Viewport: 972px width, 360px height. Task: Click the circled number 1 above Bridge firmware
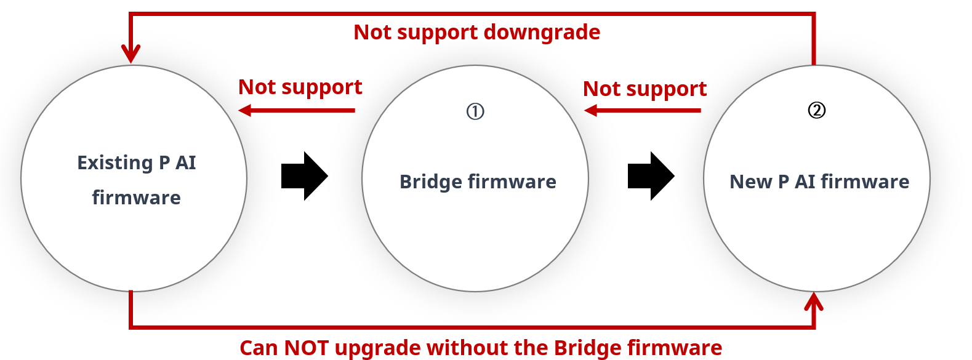[x=475, y=111]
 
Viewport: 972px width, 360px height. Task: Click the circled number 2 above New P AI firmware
[x=817, y=110]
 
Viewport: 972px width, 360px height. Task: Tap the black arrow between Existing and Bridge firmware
[x=304, y=176]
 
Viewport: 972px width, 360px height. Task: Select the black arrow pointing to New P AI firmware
[x=651, y=176]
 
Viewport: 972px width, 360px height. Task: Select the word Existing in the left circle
[x=115, y=162]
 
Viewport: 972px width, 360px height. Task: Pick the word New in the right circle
[x=750, y=182]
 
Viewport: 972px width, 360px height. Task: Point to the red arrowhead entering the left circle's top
[x=131, y=54]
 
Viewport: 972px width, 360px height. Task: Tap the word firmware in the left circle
[x=137, y=198]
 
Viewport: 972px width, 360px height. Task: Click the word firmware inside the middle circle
[x=512, y=182]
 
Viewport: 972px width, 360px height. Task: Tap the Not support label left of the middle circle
[x=300, y=87]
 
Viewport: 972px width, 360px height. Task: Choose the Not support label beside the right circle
[x=645, y=89]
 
